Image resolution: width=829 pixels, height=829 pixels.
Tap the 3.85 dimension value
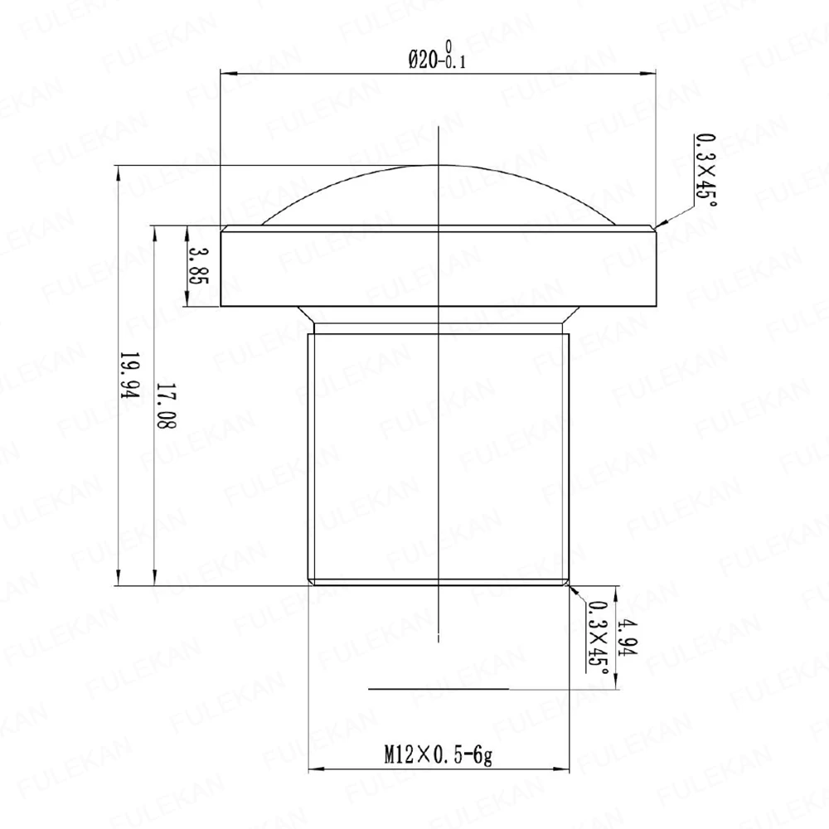199,265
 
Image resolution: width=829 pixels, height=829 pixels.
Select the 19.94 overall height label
129,376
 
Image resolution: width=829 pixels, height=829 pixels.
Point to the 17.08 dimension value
166,405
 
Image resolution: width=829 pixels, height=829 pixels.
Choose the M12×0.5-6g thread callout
438,755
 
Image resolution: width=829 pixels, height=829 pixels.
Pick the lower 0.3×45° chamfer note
597,637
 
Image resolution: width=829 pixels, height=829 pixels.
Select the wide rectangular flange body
438,266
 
